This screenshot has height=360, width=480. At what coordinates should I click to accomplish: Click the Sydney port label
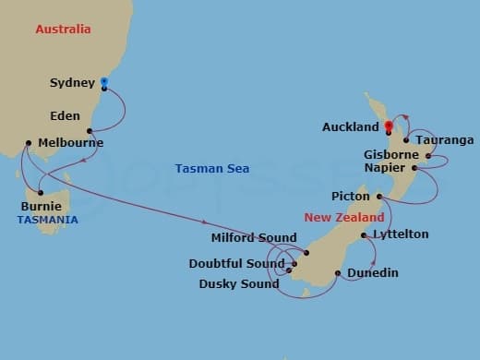click(72, 83)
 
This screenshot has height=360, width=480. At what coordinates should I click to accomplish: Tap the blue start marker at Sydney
click(103, 82)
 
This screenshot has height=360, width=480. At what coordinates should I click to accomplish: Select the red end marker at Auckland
click(389, 126)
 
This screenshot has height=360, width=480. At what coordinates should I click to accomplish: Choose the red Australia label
click(63, 30)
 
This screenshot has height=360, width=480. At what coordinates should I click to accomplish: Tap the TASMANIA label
click(46, 220)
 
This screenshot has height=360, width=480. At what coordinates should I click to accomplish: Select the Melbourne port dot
click(29, 143)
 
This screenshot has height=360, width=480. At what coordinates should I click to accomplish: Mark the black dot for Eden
click(90, 130)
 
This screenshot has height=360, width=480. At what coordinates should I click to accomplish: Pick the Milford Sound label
click(254, 238)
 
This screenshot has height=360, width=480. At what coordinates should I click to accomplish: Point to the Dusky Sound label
click(239, 283)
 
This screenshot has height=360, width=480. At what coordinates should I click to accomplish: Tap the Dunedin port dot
click(339, 273)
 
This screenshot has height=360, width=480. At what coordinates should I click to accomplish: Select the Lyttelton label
click(400, 234)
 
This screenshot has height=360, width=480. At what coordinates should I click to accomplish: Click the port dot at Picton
click(379, 197)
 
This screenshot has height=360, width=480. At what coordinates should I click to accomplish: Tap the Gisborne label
click(392, 155)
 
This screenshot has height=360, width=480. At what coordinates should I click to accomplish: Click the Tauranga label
click(445, 140)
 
